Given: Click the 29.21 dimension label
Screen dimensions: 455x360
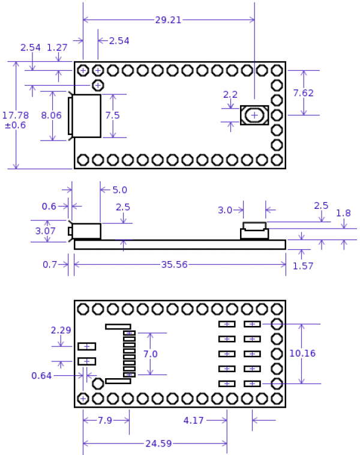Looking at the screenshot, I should (168, 20).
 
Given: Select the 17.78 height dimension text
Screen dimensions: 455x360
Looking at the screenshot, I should (15, 115).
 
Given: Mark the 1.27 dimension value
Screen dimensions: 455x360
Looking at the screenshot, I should (57, 47).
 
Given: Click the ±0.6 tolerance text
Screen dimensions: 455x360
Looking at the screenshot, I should (16, 125).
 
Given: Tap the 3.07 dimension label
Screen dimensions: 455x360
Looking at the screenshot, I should (46, 231).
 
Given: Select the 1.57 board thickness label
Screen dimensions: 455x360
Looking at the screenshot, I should (303, 266).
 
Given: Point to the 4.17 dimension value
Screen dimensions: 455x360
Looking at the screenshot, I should (193, 421).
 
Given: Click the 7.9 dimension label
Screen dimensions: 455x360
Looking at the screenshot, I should (105, 420).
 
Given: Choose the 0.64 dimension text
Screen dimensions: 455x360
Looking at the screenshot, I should (41, 376).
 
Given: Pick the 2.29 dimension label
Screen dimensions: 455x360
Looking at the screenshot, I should (61, 330).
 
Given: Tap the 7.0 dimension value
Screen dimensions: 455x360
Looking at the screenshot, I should (150, 354).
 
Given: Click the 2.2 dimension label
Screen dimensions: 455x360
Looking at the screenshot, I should (230, 94).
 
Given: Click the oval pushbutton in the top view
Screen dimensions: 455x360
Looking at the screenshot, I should (254, 115).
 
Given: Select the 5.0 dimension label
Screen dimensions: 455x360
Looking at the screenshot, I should (120, 190).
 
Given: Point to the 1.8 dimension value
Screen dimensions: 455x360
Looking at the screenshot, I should (343, 213).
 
